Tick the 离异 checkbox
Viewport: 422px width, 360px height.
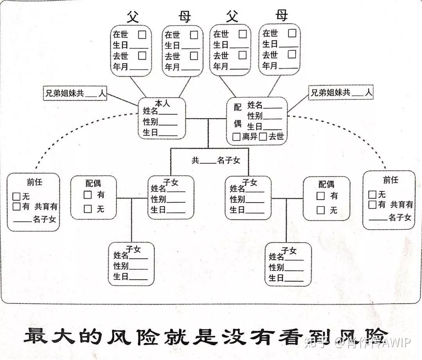pyautogui.click(x=236, y=137)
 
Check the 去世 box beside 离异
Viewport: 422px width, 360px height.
pyautogui.click(x=263, y=137)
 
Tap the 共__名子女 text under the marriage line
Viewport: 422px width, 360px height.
pyautogui.click(x=216, y=160)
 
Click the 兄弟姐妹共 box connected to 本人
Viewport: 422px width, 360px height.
pyautogui.click(x=75, y=94)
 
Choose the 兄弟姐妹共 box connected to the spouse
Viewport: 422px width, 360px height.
pyautogui.click(x=341, y=93)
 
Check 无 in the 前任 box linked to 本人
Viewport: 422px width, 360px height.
pyautogui.click(x=16, y=196)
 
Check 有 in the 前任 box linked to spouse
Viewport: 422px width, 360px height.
pyautogui.click(x=372, y=204)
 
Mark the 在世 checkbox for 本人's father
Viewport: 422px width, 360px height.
pyautogui.click(x=142, y=34)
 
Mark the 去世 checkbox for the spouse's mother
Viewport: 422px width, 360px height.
pyautogui.click(x=291, y=54)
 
